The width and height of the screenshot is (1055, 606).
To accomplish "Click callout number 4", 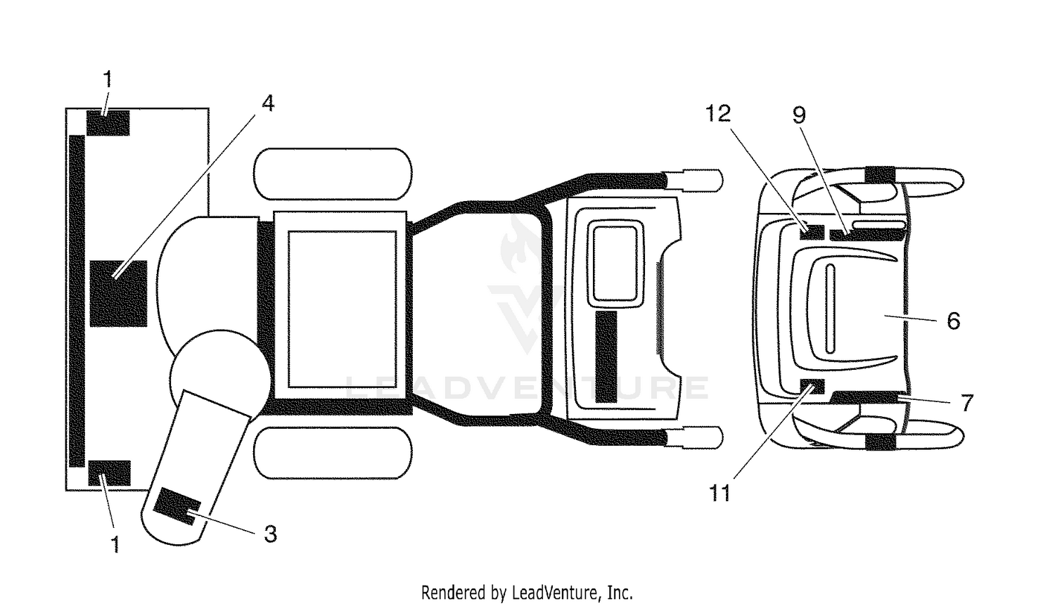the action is [x=268, y=103].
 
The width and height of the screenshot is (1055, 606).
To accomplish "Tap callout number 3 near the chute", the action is [x=270, y=534].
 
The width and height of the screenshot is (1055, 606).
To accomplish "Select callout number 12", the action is [x=718, y=113].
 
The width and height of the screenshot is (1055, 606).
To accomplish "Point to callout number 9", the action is [x=799, y=115].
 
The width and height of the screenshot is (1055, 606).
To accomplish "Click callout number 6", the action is [x=953, y=321].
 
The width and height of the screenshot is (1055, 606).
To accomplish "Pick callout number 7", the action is [x=966, y=403].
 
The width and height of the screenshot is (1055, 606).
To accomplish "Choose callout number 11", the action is [x=720, y=494].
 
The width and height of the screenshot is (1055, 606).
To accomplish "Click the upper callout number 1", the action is [x=108, y=79].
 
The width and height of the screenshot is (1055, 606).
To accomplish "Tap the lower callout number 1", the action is [x=115, y=544].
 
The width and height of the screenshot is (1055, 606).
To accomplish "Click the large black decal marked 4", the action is [x=118, y=293].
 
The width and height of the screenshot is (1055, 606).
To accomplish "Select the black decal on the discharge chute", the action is [x=177, y=506].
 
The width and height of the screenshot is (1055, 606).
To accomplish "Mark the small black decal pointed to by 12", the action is [x=812, y=232].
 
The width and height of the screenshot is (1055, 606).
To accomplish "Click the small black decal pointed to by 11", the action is [x=812, y=386].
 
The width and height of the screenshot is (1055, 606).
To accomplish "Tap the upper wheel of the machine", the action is [x=333, y=174].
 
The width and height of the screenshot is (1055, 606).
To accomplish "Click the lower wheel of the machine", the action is [x=333, y=453].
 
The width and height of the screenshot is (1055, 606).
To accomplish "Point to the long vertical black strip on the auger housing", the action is [x=77, y=301].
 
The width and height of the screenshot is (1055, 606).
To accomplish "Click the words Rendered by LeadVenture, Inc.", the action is [x=527, y=593].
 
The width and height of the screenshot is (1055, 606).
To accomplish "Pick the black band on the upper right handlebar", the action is [x=881, y=174].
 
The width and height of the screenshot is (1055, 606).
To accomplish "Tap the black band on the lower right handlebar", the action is [x=881, y=441].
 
